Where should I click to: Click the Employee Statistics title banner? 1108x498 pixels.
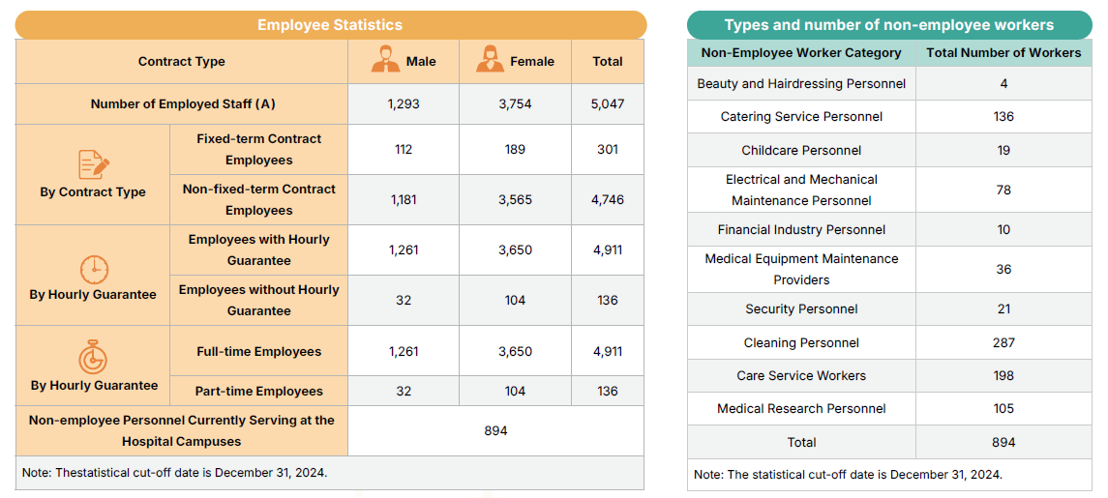(x=330, y=25)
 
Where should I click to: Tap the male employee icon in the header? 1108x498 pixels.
(x=386, y=60)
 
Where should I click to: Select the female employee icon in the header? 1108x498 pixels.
(x=490, y=60)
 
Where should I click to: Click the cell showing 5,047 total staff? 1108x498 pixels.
(x=607, y=103)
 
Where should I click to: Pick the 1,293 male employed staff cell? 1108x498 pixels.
(x=404, y=103)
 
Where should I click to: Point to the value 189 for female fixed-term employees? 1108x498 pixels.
(x=515, y=149)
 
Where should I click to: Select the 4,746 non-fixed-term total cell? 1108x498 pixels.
(x=607, y=199)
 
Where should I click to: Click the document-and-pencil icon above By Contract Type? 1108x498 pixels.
(x=94, y=164)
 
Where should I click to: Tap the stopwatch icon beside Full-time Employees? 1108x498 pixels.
(x=93, y=357)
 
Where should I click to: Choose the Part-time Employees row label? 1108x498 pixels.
(x=258, y=391)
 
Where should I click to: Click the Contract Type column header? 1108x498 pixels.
(x=182, y=61)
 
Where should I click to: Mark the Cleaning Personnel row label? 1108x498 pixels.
(x=801, y=342)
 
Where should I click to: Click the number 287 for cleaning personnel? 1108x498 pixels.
(x=1003, y=342)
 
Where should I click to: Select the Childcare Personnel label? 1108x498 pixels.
(x=801, y=150)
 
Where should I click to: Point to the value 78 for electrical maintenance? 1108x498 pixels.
(x=1003, y=190)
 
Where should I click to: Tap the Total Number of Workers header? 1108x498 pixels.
(x=1003, y=52)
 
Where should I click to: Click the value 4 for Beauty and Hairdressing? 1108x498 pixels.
(x=1003, y=83)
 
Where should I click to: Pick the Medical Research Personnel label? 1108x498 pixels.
(x=801, y=408)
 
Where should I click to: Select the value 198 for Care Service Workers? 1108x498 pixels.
(x=1003, y=375)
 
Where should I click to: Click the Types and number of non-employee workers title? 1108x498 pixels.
(x=889, y=25)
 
